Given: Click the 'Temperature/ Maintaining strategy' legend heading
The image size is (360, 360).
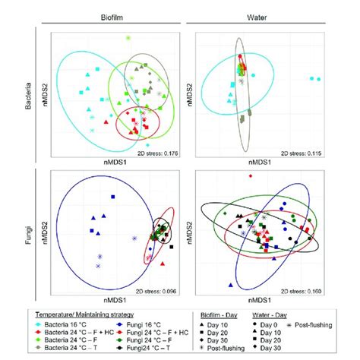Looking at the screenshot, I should click(84, 313).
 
